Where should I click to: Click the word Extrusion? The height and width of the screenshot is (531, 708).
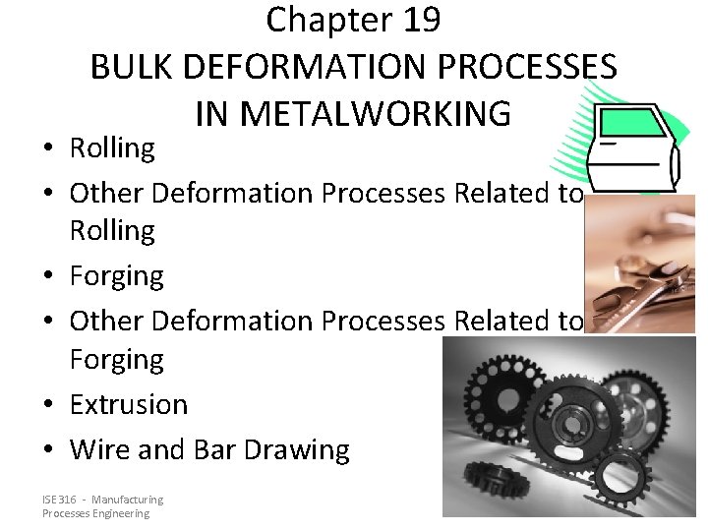[x=128, y=404]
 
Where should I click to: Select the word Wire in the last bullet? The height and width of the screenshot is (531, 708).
[x=99, y=449]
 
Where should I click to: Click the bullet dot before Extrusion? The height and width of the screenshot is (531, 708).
[x=48, y=405]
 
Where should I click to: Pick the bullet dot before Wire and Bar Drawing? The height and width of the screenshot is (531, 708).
[x=48, y=450]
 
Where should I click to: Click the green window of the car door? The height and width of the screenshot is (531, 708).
[x=636, y=125]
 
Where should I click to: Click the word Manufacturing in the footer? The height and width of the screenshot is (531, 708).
[x=131, y=501]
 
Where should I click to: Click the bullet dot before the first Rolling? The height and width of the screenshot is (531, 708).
[x=48, y=149]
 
